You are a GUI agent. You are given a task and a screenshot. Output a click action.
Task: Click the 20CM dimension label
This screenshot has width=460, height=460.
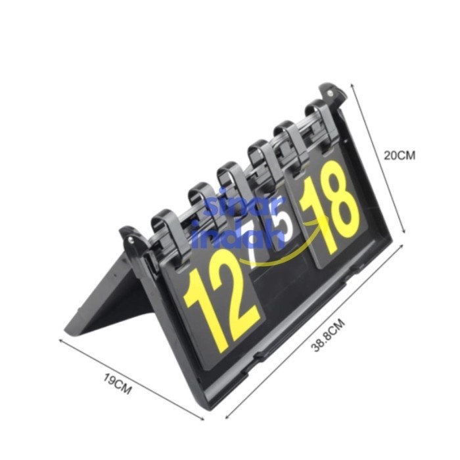(400, 156)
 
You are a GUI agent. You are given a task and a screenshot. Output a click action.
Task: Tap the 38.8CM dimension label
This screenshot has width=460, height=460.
(328, 335)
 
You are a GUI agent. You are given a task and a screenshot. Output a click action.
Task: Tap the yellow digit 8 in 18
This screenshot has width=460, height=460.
(342, 202)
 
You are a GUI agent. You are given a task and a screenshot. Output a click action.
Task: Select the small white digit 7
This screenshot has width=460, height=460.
(251, 251)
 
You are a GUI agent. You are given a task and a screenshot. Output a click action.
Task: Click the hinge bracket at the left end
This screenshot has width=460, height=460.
(131, 239)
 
